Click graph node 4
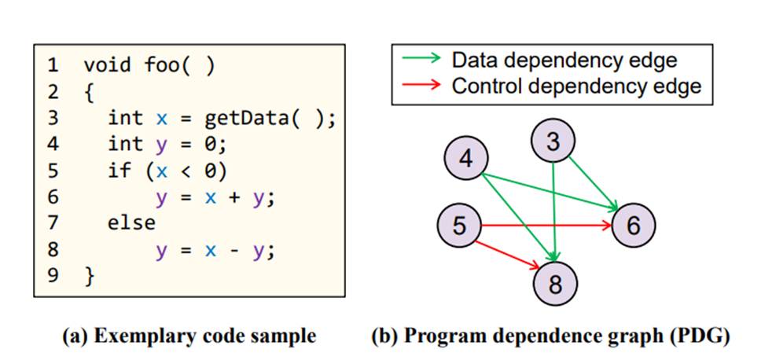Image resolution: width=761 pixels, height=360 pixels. (467, 158)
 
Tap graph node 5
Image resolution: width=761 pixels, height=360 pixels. (460, 226)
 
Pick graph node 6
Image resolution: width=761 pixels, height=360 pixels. (634, 226)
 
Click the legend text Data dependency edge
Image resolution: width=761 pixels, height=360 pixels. (564, 60)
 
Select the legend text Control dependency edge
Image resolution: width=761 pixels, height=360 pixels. (576, 86)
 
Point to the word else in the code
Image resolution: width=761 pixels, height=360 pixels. (131, 223)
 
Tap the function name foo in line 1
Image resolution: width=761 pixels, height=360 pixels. (162, 66)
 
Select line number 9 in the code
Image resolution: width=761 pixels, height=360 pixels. (53, 275)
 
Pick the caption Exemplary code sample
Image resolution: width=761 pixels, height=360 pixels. (189, 336)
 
